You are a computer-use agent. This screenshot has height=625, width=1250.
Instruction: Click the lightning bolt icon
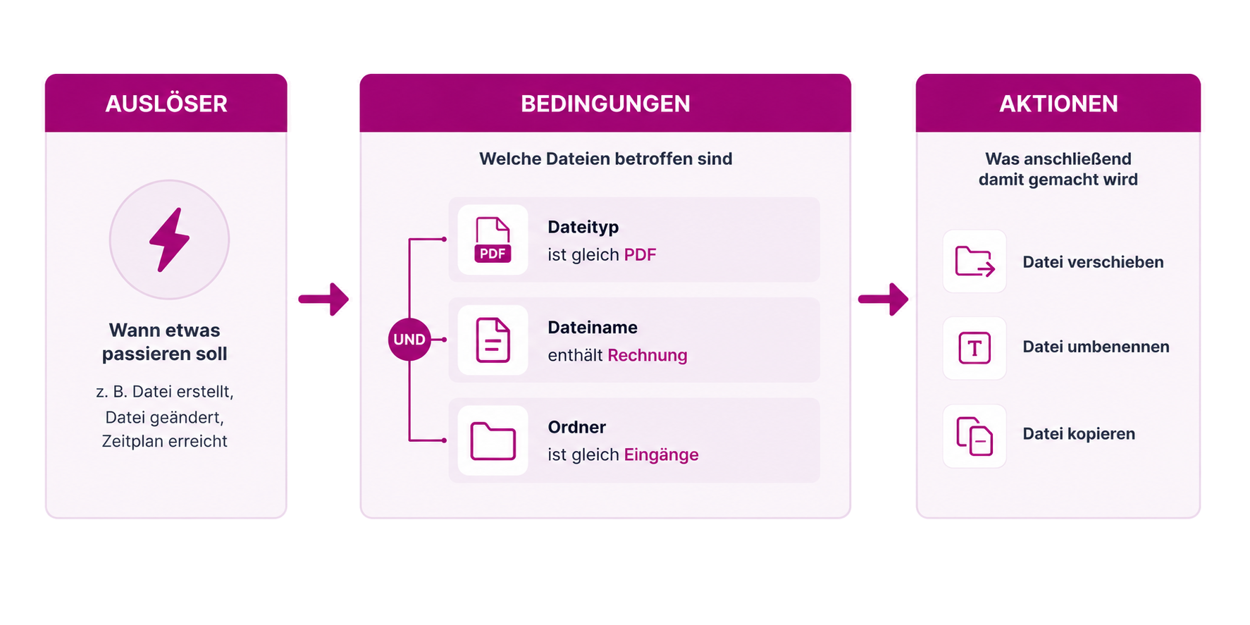point(169,240)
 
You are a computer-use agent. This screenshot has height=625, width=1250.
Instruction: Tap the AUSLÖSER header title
point(166,104)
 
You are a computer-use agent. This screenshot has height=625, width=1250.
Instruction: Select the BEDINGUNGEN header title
point(605,104)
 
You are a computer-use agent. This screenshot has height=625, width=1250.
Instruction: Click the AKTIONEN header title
point(1058,104)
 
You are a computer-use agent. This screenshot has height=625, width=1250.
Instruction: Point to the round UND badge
point(409,340)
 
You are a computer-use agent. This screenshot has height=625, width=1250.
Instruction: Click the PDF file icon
point(493,240)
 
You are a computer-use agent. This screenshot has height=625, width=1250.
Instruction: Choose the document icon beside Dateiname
point(493,340)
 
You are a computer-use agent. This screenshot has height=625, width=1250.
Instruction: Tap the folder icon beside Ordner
point(493,441)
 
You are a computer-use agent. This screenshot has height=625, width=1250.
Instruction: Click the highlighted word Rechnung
point(647,355)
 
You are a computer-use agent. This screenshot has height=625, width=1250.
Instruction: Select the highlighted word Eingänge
point(661,455)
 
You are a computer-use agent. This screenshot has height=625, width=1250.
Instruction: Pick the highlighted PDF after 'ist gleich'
point(640,254)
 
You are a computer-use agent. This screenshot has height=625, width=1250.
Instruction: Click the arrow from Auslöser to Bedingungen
point(323,299)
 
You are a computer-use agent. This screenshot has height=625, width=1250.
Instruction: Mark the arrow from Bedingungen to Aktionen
point(883,299)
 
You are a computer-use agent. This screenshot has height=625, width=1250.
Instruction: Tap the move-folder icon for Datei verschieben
point(974,261)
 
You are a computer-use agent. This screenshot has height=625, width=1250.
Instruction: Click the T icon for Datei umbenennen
point(974,348)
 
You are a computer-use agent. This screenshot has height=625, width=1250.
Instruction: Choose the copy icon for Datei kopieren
point(974,436)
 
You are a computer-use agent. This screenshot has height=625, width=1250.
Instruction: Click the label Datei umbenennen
point(1096,347)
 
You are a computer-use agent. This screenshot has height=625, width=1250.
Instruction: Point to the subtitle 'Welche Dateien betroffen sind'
point(605,159)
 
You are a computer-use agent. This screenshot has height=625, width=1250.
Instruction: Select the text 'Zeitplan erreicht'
point(165,441)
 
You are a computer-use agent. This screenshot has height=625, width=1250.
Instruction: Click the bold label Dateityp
point(583,228)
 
